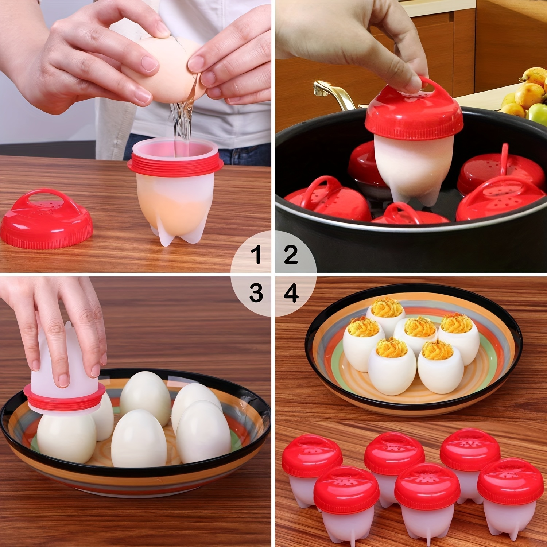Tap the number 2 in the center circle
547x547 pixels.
pos(290,254)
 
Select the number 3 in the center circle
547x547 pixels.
pos(256,292)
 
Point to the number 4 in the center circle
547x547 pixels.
pos(291,292)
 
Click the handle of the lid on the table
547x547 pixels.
pos(47,193)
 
